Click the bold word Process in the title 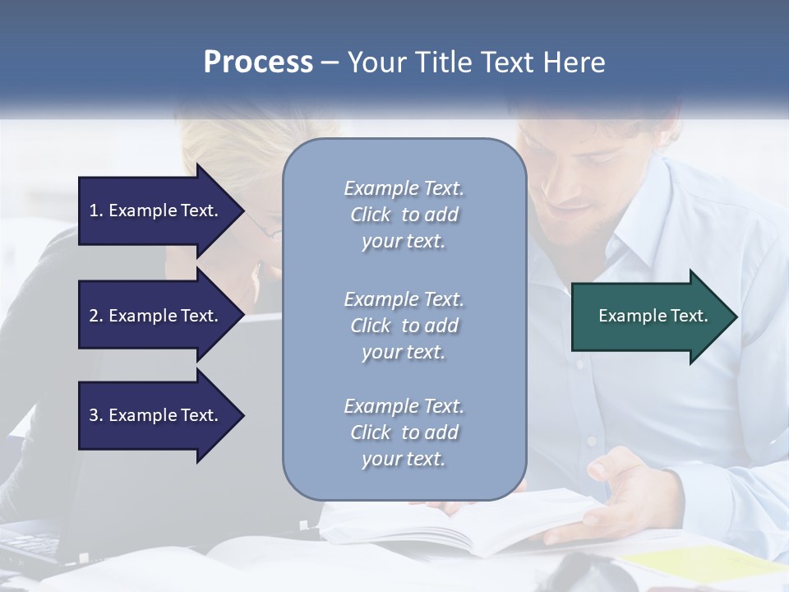(258, 62)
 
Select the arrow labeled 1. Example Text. (156, 210)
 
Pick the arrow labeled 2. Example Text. (156, 316)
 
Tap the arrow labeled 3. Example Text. (156, 415)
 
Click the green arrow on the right (649, 316)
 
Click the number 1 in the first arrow (94, 210)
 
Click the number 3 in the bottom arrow (94, 415)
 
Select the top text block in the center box (404, 215)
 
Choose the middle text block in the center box (404, 326)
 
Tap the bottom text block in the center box (404, 432)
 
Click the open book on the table (460, 526)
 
